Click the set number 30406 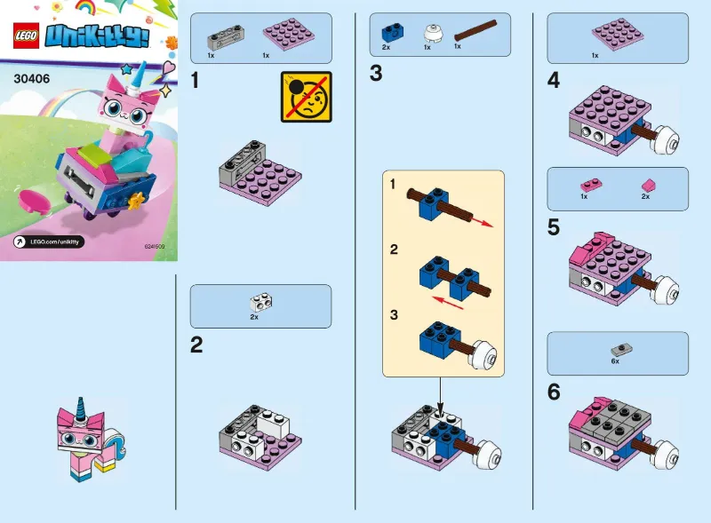(32, 77)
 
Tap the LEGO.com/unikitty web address (55, 242)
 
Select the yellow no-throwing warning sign (306, 97)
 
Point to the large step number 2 (197, 345)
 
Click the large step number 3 (376, 74)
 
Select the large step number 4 (554, 81)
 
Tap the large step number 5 (554, 227)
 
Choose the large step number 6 (554, 392)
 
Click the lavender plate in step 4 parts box (617, 36)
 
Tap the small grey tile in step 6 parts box (616, 350)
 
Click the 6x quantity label (615, 362)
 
